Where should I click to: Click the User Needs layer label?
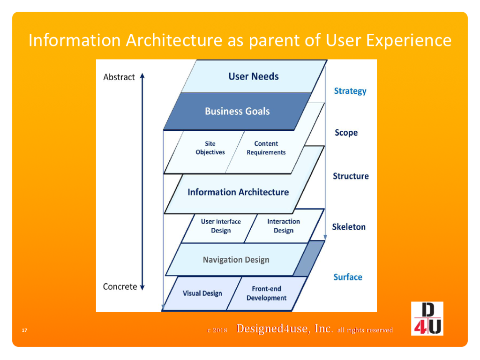[254, 76]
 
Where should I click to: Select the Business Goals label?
[237, 112]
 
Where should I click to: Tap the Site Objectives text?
[210, 148]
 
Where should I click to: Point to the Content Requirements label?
[266, 148]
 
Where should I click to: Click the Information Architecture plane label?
[238, 192]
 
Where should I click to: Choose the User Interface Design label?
[221, 226]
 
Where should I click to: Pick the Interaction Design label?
[284, 226]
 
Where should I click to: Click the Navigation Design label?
[236, 260]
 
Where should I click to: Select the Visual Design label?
[202, 293]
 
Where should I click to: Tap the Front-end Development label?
[266, 293]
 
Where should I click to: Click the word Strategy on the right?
[350, 91]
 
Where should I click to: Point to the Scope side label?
[346, 133]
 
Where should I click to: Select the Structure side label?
[351, 176]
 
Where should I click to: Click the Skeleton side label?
[349, 227]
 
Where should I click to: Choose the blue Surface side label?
[348, 277]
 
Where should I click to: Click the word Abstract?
[119, 77]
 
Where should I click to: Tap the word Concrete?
[120, 287]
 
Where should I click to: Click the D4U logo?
[427, 319]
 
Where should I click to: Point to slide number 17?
[24, 330]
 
